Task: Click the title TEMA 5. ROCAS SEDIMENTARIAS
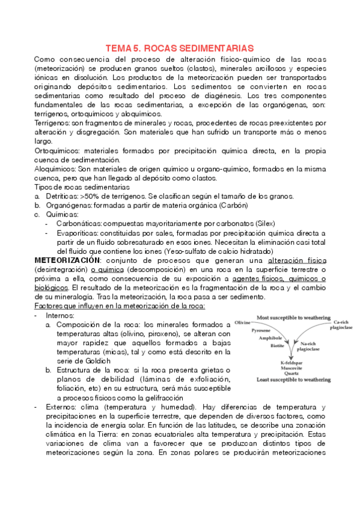coord(180,48)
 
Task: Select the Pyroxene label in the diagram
coord(261,331)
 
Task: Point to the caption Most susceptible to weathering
coord(293,316)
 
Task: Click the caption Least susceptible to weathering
coord(293,380)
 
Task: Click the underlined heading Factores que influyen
coord(120,306)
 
